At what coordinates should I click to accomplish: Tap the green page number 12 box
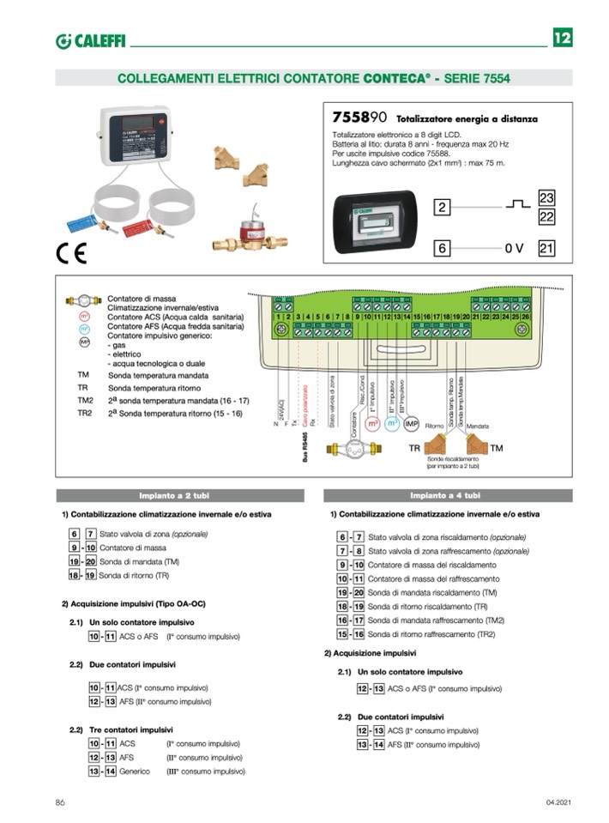pos(562,39)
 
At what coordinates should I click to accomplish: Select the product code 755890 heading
pos(360,117)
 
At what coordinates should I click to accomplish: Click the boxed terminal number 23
pos(546,198)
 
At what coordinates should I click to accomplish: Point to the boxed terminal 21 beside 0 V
pos(546,249)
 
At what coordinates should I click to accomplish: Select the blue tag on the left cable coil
pos(82,223)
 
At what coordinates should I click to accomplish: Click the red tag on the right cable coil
pos(137,227)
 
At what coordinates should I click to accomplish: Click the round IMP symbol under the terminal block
pos(411,424)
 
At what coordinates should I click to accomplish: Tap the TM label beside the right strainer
pos(497,448)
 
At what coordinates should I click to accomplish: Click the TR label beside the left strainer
pos(414,448)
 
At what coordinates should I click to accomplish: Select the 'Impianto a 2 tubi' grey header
pos(180,495)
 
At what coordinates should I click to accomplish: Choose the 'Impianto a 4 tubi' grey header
pos(447,495)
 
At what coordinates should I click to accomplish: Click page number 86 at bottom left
pos(60,802)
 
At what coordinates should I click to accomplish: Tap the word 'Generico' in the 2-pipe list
pos(136,772)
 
